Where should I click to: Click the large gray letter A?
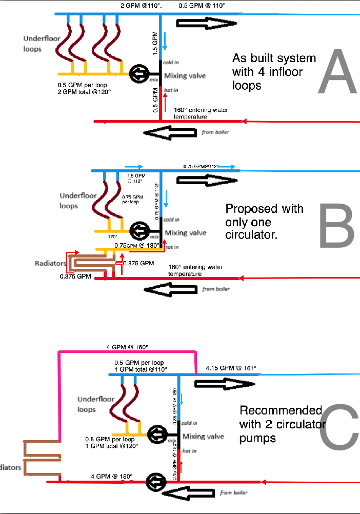pyautogui.click(x=336, y=72)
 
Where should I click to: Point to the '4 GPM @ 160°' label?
pyautogui.click(x=127, y=347)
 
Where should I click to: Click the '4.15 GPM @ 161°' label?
pyautogui.click(x=231, y=368)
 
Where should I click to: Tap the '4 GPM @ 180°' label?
pyautogui.click(x=112, y=477)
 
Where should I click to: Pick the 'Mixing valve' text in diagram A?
pyautogui.click(x=185, y=76)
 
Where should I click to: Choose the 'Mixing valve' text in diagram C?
pyautogui.click(x=204, y=437)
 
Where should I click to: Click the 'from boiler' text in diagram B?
pyautogui.click(x=216, y=289)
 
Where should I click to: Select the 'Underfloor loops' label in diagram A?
pyautogui.click(x=39, y=44)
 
